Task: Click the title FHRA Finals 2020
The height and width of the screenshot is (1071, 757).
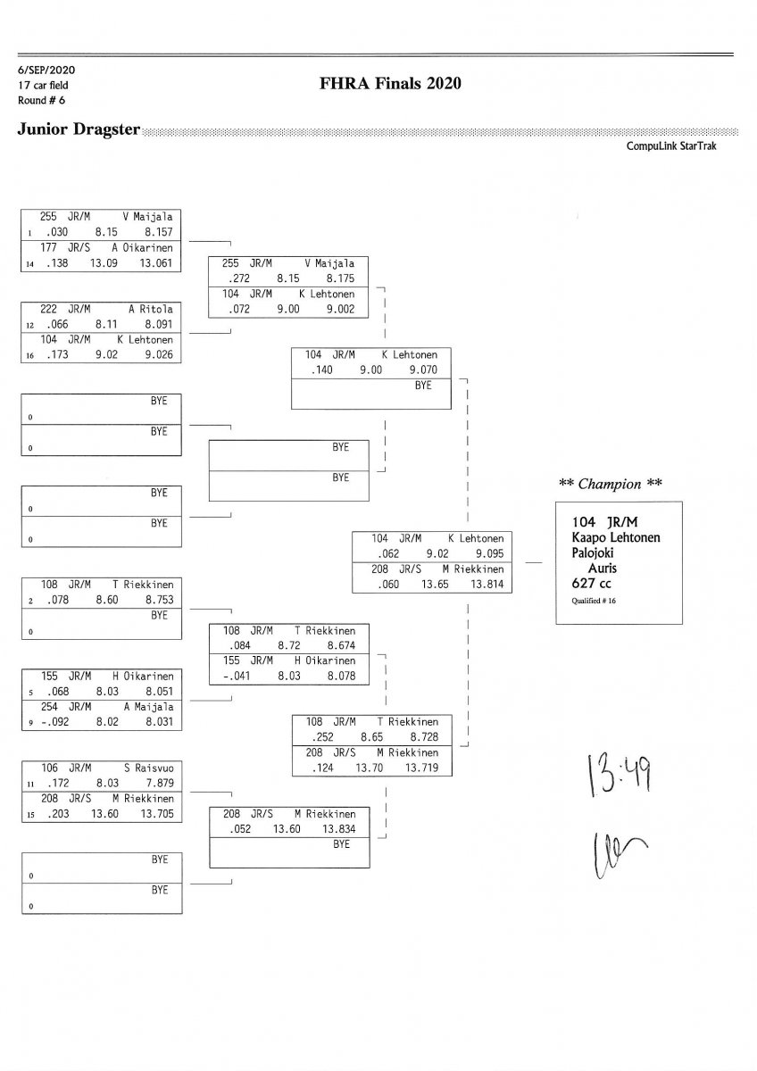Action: pos(389,84)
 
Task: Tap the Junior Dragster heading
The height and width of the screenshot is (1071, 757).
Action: pos(79,130)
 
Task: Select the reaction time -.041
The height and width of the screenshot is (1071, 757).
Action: pos(236,677)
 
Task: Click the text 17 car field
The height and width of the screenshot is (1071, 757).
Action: pos(43,85)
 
